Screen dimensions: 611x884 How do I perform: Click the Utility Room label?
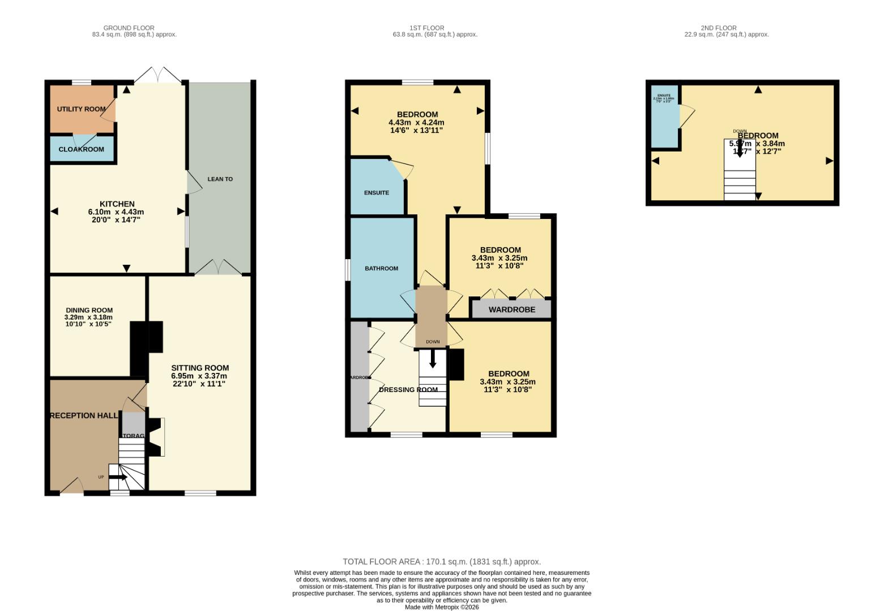click(x=81, y=109)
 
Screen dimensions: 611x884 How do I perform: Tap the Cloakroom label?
click(x=81, y=149)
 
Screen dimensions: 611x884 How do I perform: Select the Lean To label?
click(x=220, y=179)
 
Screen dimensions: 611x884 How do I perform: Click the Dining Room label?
click(x=89, y=311)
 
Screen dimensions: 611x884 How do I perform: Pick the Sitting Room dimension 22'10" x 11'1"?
click(x=199, y=384)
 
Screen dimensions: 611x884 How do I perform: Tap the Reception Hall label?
click(x=84, y=416)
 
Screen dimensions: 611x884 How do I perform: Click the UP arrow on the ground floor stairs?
click(x=118, y=477)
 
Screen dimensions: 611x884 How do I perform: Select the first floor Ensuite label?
click(x=377, y=193)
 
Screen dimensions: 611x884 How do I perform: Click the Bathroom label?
click(x=381, y=269)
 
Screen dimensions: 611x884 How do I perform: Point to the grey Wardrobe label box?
click(x=511, y=309)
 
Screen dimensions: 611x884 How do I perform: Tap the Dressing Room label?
click(x=408, y=390)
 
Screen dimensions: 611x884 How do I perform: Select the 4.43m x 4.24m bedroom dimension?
click(x=416, y=123)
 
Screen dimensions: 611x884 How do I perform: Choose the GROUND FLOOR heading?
click(x=129, y=28)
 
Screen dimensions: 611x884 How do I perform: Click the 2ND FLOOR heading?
click(x=719, y=28)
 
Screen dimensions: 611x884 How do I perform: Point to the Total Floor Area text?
click(x=442, y=562)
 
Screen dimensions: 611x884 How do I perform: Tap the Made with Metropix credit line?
click(x=442, y=607)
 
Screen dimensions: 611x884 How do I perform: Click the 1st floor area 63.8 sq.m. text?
click(x=435, y=35)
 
